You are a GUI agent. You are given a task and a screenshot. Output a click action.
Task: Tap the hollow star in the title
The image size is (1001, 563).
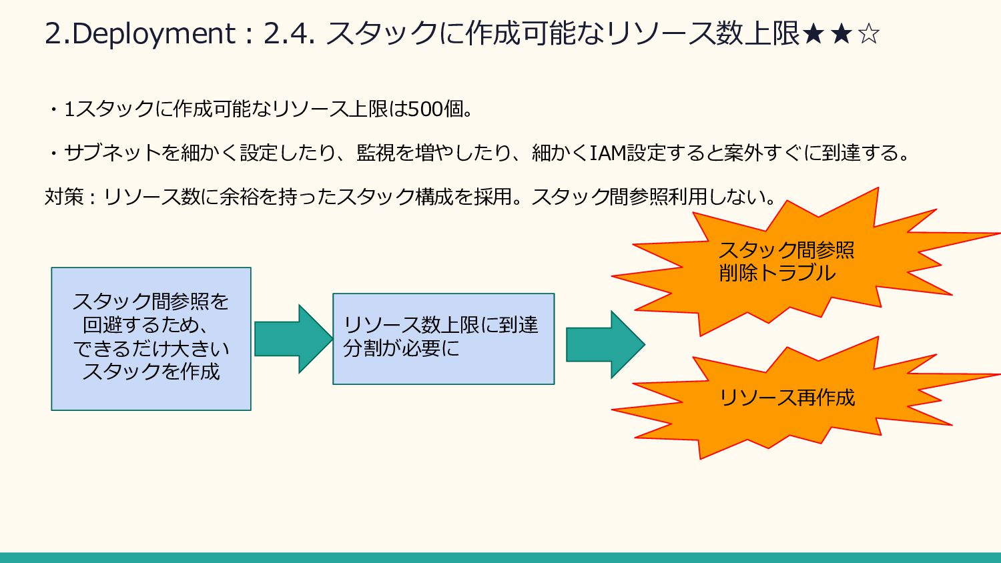click(x=868, y=33)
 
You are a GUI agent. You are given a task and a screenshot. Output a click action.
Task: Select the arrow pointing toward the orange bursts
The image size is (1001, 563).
click(x=605, y=344)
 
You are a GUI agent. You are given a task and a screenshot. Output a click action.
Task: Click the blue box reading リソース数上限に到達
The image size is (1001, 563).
click(x=443, y=339)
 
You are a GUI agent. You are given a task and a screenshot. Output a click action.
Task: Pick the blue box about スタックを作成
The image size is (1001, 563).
click(x=151, y=339)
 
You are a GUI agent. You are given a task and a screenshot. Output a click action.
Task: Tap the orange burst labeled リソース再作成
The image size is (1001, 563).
click(x=787, y=398)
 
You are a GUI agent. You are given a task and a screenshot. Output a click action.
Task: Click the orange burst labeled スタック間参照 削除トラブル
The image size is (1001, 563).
click(x=787, y=261)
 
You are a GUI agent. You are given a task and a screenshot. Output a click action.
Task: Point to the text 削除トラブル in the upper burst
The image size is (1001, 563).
click(x=777, y=273)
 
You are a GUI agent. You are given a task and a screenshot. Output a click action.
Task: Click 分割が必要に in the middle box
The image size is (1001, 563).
click(x=401, y=348)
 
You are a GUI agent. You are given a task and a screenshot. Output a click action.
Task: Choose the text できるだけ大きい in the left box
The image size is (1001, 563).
click(x=151, y=348)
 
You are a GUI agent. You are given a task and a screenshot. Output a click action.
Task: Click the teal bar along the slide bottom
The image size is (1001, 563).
click(x=500, y=558)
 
